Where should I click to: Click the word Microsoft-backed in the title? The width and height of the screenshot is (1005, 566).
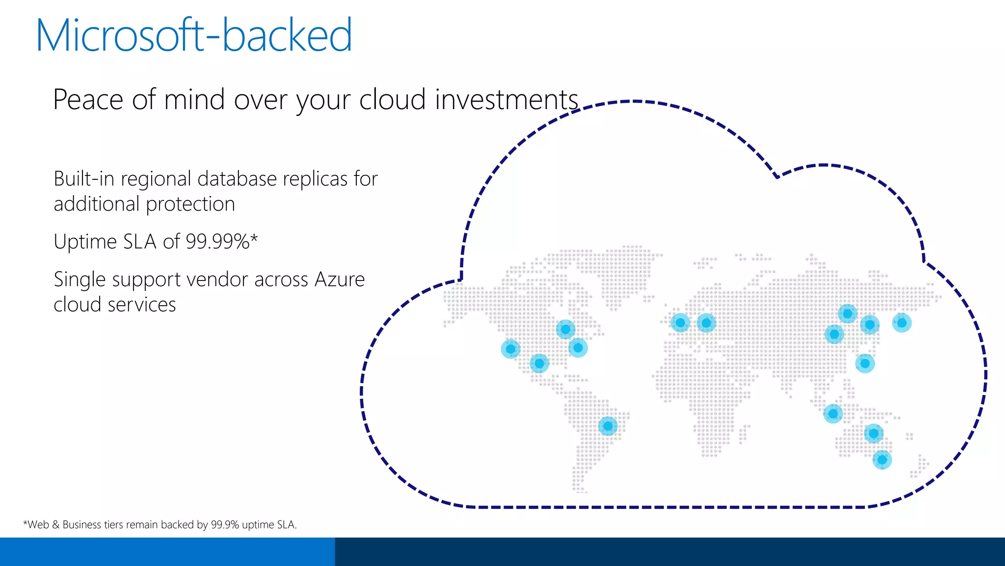(x=194, y=35)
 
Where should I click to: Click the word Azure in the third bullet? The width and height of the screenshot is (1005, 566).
(x=340, y=280)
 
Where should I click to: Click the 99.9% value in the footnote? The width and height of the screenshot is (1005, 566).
(x=225, y=525)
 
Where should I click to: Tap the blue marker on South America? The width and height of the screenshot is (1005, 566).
(x=608, y=426)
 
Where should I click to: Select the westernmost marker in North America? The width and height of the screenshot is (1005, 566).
(x=510, y=349)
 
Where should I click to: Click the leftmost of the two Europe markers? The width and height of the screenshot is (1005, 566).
(x=680, y=323)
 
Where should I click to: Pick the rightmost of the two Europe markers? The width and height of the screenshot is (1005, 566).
(x=706, y=323)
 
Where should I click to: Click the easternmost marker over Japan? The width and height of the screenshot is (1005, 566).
(x=901, y=323)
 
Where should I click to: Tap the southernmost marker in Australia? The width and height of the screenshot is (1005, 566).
(x=882, y=460)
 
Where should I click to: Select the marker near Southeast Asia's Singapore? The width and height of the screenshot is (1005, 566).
(x=833, y=414)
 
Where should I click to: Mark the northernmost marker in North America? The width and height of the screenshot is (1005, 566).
(x=565, y=329)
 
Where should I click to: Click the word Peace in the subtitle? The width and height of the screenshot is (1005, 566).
(x=88, y=100)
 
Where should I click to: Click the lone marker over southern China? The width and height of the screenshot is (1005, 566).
(x=865, y=364)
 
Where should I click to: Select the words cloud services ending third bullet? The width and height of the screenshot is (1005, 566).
(x=114, y=305)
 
